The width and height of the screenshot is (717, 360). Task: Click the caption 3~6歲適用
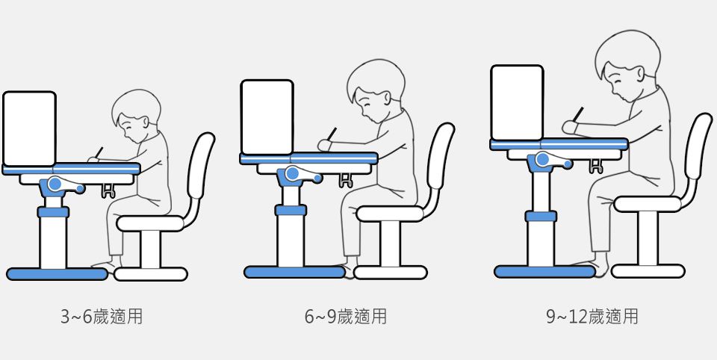[x=102, y=317]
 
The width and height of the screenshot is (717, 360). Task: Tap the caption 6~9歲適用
[x=346, y=317]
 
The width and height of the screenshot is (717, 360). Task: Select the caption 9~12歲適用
[x=592, y=317]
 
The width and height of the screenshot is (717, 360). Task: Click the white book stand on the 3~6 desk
[x=29, y=128]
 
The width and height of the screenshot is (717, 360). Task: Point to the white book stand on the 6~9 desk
[x=267, y=117]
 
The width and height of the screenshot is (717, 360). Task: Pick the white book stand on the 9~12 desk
[x=517, y=102]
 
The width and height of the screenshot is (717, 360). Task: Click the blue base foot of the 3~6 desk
[x=58, y=274]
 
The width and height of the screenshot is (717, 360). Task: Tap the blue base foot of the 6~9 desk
[x=294, y=272]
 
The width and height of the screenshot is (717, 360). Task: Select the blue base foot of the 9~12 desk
[x=544, y=271]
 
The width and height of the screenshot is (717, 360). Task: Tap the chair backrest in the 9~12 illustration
[x=698, y=146]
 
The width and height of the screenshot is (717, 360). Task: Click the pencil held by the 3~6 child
[x=99, y=152]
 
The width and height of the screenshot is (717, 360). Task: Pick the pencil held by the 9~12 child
[x=578, y=114]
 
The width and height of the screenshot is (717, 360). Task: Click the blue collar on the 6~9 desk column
[x=291, y=211]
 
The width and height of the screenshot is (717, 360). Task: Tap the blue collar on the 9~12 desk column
[x=541, y=217]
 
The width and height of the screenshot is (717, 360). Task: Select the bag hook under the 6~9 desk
[x=346, y=180]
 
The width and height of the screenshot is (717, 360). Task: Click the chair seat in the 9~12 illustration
[x=648, y=204]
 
